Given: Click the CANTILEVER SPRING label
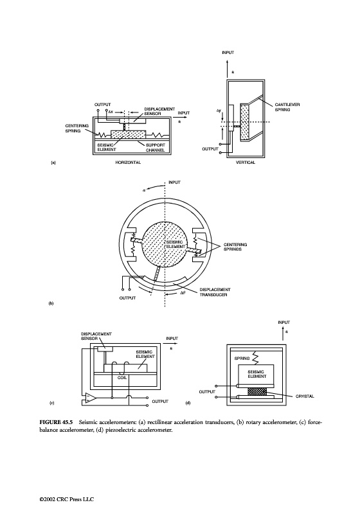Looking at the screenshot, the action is [x=287, y=107].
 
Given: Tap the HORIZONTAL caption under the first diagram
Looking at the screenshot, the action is [x=128, y=163].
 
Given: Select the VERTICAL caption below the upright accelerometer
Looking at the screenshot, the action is [x=245, y=163].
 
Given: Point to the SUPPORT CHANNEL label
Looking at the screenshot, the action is [x=156, y=148].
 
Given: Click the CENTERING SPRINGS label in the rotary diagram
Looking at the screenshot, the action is [x=235, y=247].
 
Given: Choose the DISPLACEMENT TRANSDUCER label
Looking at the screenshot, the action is [x=215, y=292].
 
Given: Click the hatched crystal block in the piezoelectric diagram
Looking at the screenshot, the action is [x=258, y=391].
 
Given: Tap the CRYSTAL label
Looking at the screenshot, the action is [x=305, y=396].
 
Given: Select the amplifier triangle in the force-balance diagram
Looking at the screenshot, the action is [x=91, y=398].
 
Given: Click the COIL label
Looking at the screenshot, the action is [x=122, y=378].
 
